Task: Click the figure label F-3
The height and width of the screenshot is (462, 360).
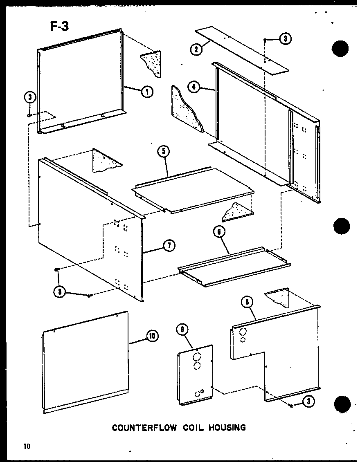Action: pyautogui.click(x=59, y=27)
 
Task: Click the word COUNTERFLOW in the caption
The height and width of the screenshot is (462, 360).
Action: pyautogui.click(x=144, y=428)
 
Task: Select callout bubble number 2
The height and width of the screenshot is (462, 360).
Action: pyautogui.click(x=197, y=49)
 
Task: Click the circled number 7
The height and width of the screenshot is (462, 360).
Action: pyautogui.click(x=168, y=245)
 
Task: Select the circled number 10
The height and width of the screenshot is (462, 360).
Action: pyautogui.click(x=152, y=336)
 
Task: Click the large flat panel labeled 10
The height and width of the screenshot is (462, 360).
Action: pyautogui.click(x=86, y=362)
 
